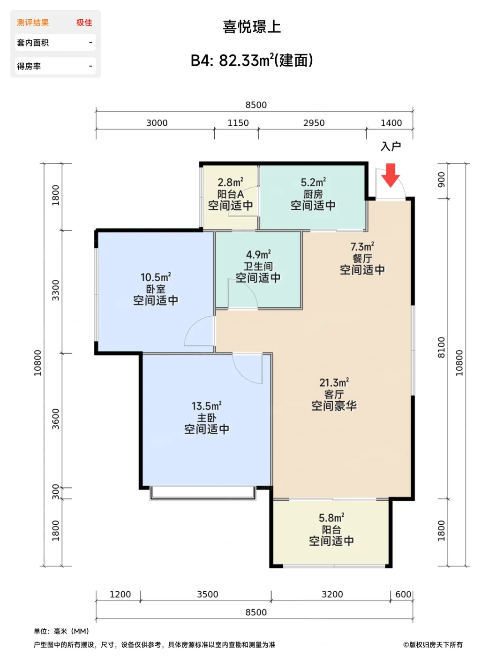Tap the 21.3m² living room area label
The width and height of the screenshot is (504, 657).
(334, 383)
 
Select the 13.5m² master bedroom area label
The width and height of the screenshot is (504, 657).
(207, 406)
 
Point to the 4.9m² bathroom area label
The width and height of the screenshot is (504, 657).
(258, 254)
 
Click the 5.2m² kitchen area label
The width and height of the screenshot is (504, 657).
(313, 182)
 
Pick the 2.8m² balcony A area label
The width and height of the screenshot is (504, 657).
(230, 182)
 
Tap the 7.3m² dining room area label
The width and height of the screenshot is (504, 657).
(362, 247)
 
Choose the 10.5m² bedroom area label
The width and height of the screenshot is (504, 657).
(156, 277)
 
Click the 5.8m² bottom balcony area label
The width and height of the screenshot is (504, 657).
(331, 518)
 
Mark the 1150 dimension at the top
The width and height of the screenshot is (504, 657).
(238, 123)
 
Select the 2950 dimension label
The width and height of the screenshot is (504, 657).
(314, 123)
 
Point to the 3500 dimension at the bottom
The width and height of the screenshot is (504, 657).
(207, 595)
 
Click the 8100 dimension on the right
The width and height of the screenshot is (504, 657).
(441, 347)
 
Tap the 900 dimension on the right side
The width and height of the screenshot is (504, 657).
(441, 180)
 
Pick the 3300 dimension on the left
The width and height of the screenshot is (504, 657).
(56, 290)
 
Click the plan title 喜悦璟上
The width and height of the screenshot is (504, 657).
(252, 27)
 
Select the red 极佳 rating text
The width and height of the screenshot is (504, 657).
(84, 23)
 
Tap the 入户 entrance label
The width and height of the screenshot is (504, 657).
(391, 146)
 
